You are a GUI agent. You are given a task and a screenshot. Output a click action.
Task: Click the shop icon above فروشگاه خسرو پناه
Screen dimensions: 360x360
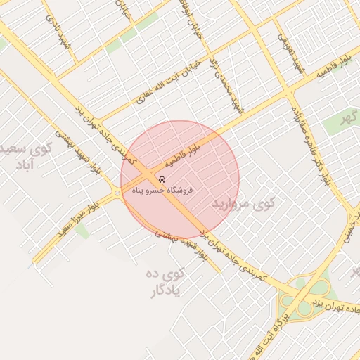163,179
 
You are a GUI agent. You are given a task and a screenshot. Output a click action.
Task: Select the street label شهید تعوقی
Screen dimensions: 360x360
293,54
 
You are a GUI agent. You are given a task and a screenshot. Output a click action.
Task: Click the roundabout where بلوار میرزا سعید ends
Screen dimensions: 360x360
116,192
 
